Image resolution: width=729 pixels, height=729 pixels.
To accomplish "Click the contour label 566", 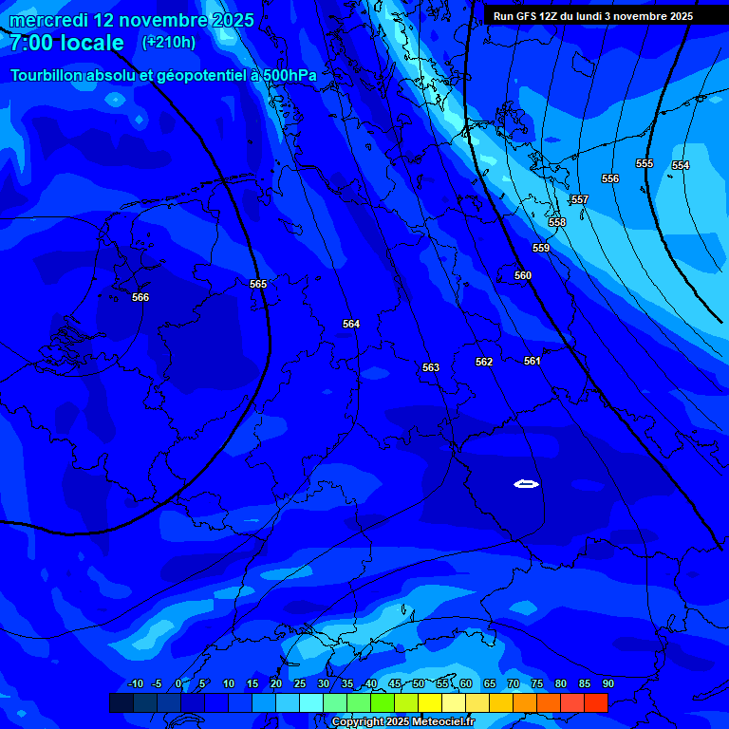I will point(140,297).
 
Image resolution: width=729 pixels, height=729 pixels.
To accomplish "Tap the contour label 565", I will point(258,284).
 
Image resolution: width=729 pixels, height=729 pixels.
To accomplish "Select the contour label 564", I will point(351,324).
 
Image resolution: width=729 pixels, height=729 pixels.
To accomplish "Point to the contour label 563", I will point(431,367).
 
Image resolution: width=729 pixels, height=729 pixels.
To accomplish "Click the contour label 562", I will point(484,362).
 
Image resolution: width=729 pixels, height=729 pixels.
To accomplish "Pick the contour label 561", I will point(533,361).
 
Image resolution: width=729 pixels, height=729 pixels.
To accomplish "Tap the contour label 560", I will point(523,275).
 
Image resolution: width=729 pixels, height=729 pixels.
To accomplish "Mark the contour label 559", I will point(541,248).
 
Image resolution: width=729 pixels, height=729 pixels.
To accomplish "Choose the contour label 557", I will point(580,199).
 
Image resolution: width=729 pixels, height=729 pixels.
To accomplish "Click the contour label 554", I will point(681,165).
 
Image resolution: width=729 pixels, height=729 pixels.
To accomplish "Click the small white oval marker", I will point(526,484).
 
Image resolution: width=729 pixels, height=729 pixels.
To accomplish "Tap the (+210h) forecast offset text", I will point(169,42).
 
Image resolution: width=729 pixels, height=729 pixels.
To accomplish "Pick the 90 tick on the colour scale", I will point(607,683).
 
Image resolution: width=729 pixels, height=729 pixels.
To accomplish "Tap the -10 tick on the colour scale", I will point(135,683).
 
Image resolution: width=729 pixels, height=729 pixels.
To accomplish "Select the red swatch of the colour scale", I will point(595,702).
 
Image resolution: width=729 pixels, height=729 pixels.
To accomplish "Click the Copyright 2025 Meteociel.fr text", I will point(402,722).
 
